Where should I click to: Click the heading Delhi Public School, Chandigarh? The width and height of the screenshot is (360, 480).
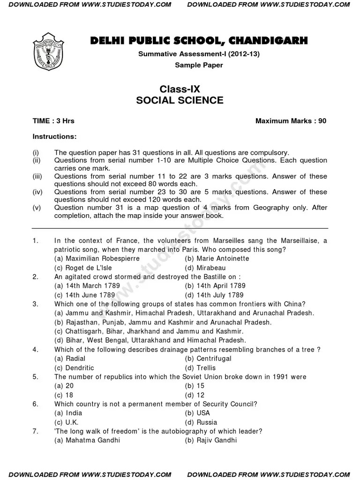(199, 41)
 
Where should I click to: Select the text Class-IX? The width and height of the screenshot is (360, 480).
(180, 89)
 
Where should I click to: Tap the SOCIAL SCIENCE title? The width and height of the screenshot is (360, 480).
(180, 100)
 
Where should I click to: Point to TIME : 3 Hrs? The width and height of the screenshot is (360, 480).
(53, 121)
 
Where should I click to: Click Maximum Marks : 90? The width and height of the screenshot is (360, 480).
(291, 121)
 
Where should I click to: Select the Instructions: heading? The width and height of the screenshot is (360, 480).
(54, 136)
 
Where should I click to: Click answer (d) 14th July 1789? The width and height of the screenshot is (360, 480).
(214, 295)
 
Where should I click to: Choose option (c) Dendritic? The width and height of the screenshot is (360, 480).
(74, 368)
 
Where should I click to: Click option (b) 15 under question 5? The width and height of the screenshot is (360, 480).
(195, 386)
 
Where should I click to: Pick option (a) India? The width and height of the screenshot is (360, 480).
(68, 413)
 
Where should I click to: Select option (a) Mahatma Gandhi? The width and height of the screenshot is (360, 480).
(87, 440)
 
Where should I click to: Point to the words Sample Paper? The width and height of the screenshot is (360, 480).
(199, 65)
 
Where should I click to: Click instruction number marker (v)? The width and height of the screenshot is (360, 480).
(37, 207)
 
